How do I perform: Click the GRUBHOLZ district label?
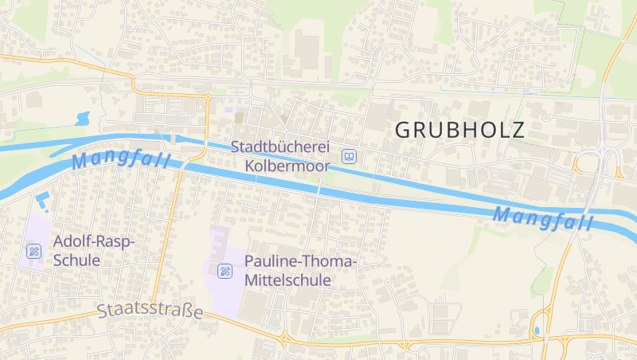click(x=459, y=130)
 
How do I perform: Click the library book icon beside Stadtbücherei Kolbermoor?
click(x=349, y=156)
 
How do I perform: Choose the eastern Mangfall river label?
click(x=544, y=217)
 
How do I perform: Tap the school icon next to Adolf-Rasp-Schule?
click(x=33, y=251)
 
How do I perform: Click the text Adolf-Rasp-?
click(x=94, y=241)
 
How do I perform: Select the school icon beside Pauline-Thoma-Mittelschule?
click(x=225, y=272)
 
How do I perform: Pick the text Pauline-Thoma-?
click(x=301, y=262)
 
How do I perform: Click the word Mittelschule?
click(x=287, y=280)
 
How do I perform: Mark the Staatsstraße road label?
click(x=150, y=311)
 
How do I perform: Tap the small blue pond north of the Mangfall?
click(x=81, y=119)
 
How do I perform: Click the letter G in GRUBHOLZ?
click(x=404, y=130)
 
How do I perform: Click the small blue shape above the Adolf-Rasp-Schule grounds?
click(x=42, y=199)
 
